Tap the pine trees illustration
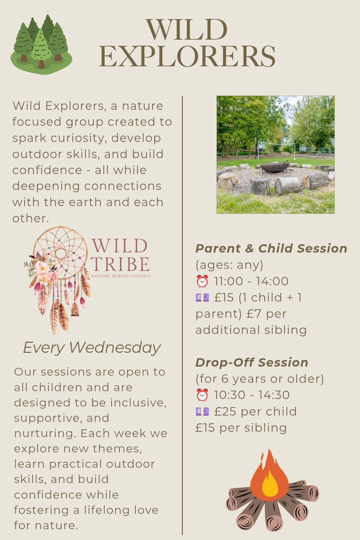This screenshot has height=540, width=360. click(x=41, y=44)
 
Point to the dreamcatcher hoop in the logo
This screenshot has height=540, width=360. click(x=60, y=253)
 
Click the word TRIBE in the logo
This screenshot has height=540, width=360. click(x=121, y=264)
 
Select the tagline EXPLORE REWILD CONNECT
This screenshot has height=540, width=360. click(x=121, y=276)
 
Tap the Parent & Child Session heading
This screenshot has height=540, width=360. click(x=271, y=248)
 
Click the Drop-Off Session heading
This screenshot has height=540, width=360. click(x=252, y=362)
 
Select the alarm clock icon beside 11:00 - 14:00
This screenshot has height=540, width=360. click(x=202, y=281)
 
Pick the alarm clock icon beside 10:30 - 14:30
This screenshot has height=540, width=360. click(x=202, y=395)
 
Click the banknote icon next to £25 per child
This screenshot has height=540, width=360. click(x=202, y=411)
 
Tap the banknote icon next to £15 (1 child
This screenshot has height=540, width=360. click(x=202, y=298)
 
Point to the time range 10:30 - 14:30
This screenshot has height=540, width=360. click(x=252, y=395)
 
